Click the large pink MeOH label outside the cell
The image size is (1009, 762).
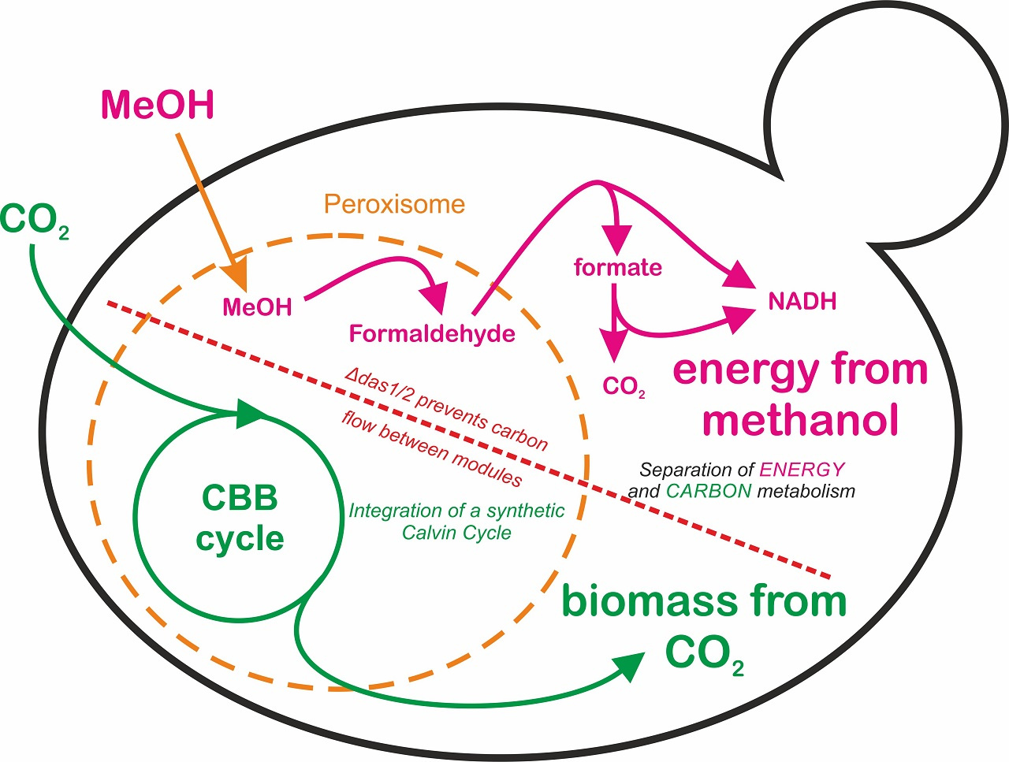pos(158,106)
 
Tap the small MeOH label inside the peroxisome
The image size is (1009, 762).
pos(257,307)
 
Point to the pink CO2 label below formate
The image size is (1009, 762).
pos(624,386)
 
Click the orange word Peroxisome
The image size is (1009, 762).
pos(394,205)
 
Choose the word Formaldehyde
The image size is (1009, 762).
pos(432,333)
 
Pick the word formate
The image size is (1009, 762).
pos(617,267)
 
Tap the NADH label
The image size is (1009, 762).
pos(802,301)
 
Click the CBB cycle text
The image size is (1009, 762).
pos(240,519)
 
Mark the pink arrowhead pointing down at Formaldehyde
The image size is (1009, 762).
pos(433,299)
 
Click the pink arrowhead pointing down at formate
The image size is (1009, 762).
pos(616,239)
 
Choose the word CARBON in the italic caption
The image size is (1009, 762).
pos(709,491)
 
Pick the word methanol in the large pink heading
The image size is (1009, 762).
pos(800,419)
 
